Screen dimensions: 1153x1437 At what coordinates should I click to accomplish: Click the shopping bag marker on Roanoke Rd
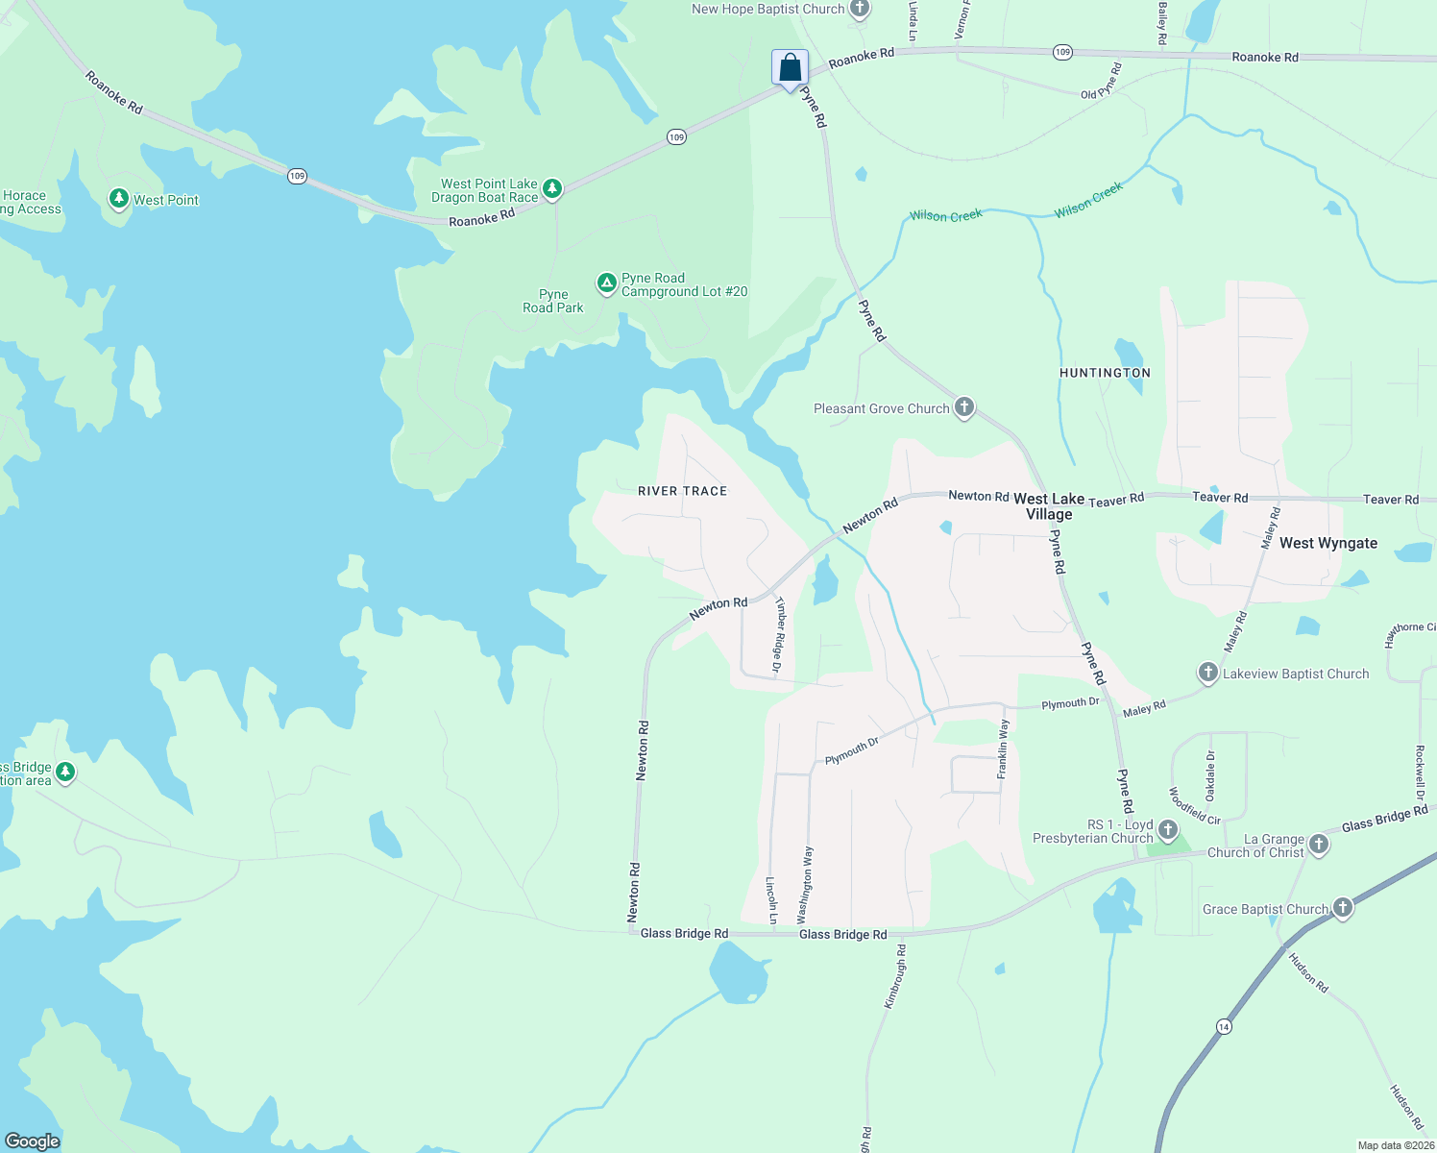(x=790, y=69)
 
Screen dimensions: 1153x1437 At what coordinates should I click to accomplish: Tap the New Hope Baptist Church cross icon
(x=860, y=10)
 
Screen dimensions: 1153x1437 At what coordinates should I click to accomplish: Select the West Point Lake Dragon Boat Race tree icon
(x=552, y=188)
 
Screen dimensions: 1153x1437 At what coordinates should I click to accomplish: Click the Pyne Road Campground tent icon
(x=606, y=283)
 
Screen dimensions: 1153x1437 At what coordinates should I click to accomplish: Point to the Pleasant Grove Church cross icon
(x=964, y=407)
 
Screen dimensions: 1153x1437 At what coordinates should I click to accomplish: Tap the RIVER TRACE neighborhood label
(x=683, y=491)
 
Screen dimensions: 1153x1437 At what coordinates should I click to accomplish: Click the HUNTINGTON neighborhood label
(x=1105, y=373)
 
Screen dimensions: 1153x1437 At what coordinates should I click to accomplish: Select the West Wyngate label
(x=1328, y=543)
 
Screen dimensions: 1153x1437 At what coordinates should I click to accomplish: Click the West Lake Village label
(x=1049, y=506)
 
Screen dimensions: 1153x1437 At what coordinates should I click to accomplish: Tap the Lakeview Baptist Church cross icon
(x=1208, y=673)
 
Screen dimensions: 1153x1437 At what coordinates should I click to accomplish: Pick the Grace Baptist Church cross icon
(x=1343, y=907)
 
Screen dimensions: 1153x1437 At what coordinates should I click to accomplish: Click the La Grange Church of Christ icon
(x=1319, y=845)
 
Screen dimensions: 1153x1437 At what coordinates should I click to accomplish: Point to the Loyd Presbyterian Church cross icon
(x=1168, y=829)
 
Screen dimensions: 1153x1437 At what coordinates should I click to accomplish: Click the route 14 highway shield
(x=1223, y=1026)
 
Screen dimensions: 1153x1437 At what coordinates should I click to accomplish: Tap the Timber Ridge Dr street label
(x=779, y=634)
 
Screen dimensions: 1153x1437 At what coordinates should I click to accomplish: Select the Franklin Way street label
(x=1003, y=748)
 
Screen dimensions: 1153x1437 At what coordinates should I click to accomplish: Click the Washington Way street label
(x=805, y=884)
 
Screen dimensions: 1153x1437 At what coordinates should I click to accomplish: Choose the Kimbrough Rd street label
(x=894, y=976)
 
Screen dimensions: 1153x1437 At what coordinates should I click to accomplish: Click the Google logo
(x=33, y=1141)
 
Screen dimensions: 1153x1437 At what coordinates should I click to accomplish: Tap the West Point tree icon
(x=119, y=199)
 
